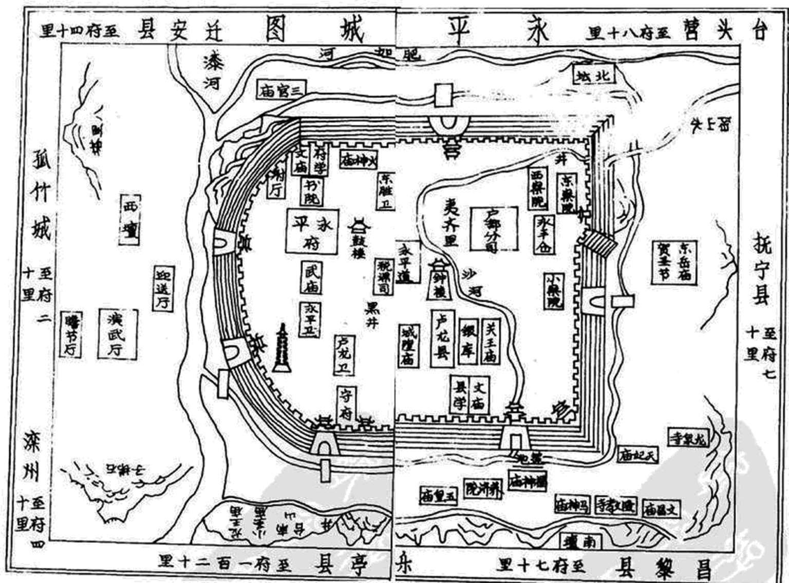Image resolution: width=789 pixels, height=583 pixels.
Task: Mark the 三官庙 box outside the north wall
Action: [280, 90]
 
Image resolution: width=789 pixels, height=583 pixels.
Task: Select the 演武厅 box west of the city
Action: [118, 333]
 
